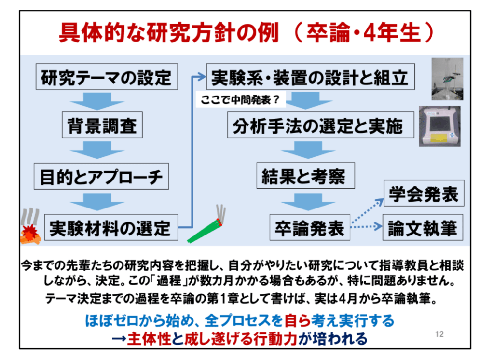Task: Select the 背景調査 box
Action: tap(101, 126)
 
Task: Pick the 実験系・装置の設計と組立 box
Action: tap(310, 77)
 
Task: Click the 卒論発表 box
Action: tap(309, 227)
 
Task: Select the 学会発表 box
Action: tap(423, 194)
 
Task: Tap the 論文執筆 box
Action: tap(423, 227)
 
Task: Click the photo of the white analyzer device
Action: tap(439, 126)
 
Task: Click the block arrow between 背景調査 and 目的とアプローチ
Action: tap(101, 151)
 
